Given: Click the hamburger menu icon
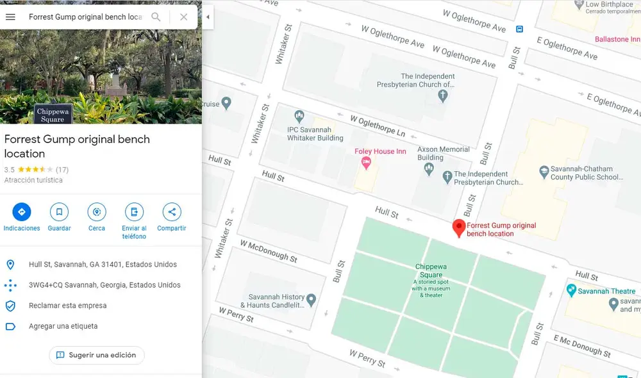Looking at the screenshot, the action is coord(10,17).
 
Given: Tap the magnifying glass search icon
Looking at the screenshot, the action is coord(156,17).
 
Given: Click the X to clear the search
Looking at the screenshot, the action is coord(184,17).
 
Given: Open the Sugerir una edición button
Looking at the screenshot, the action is coord(97,355).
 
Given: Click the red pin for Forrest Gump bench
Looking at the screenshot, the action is coord(458,227).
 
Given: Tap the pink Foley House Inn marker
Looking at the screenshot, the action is coord(366,163).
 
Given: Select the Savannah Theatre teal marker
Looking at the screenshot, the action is coord(571,291).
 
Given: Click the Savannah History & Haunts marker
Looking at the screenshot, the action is coord(311,299).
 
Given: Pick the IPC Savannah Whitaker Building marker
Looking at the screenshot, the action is coord(299,117).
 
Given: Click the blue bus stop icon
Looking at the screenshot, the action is coord(519,29).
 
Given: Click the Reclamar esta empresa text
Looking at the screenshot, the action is coord(68,306).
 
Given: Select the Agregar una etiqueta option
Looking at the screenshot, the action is coord(63,326).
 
